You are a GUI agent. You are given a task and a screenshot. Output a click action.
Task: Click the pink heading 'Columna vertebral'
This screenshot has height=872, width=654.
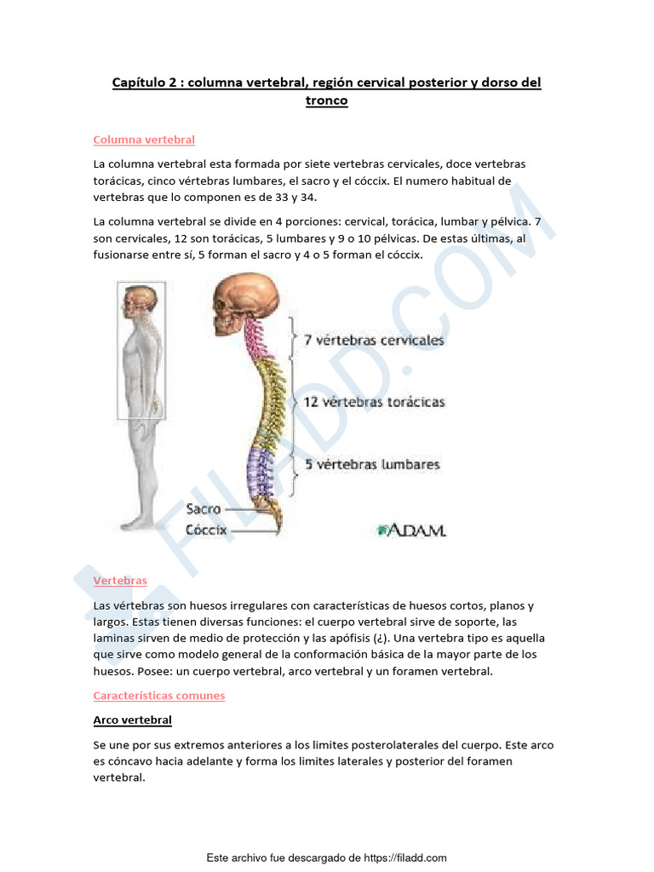(144, 140)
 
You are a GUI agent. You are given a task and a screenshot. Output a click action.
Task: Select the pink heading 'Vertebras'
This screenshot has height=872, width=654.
(120, 581)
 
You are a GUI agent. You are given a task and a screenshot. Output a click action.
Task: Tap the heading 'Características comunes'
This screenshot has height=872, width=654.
(158, 696)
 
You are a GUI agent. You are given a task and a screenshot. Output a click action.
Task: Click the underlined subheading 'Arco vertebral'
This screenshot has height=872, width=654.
(132, 720)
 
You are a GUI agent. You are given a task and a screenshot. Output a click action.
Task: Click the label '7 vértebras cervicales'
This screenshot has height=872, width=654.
(374, 340)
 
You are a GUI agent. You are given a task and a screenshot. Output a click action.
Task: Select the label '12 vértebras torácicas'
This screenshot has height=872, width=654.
(374, 402)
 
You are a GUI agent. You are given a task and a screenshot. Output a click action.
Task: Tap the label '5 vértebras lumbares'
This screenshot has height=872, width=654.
(372, 465)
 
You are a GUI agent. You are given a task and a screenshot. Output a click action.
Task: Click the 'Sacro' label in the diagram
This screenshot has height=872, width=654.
(204, 509)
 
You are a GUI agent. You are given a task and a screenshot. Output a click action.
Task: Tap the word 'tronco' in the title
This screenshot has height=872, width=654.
(326, 100)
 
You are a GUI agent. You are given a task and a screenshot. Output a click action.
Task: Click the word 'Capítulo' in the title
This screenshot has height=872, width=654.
(140, 83)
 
